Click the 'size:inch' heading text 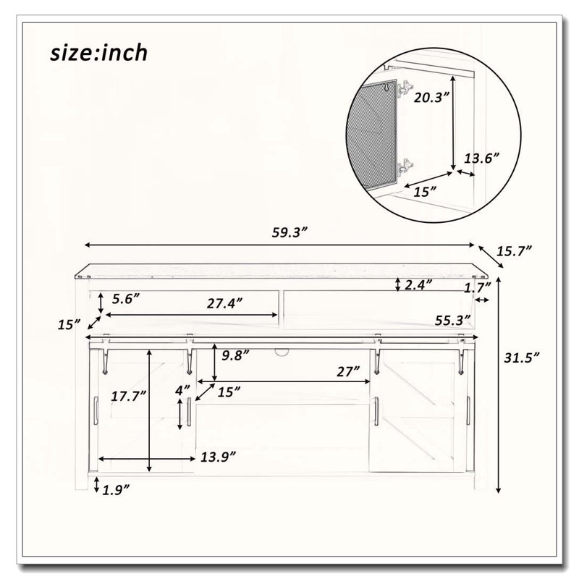pos(99,53)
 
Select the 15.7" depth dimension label pos(514,251)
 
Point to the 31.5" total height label pos(522,358)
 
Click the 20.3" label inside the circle pos(431,98)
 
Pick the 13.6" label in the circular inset pos(481,159)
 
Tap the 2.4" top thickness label pos(418,284)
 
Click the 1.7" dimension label pos(478,287)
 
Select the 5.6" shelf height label pos(126,299)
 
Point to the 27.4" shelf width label pos(224,303)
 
